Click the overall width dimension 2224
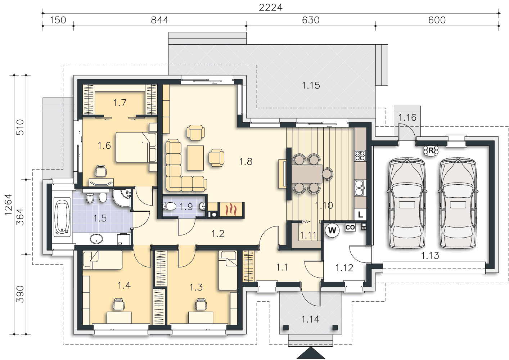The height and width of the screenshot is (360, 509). pos(271,8)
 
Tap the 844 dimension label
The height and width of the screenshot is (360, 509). pos(159,20)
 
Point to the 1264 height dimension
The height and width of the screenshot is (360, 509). pos(8,204)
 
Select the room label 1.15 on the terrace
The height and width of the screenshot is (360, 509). pos(311,85)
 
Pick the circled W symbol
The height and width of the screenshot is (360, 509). pos(332,230)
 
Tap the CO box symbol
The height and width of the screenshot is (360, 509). pos(350,227)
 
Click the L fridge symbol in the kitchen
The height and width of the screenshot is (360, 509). pos(360,214)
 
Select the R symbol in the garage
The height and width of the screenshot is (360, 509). pos(431,150)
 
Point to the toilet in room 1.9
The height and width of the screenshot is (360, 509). pos(169,207)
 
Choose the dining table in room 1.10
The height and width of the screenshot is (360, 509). pos(307,174)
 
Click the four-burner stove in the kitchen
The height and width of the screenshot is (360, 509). pos(360,156)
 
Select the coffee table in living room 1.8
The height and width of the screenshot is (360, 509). pos(195,158)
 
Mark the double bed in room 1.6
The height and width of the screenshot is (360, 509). pos(136,147)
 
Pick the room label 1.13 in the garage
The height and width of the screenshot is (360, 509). pos(430,256)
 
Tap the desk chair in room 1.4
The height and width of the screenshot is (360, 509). pos(119,304)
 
